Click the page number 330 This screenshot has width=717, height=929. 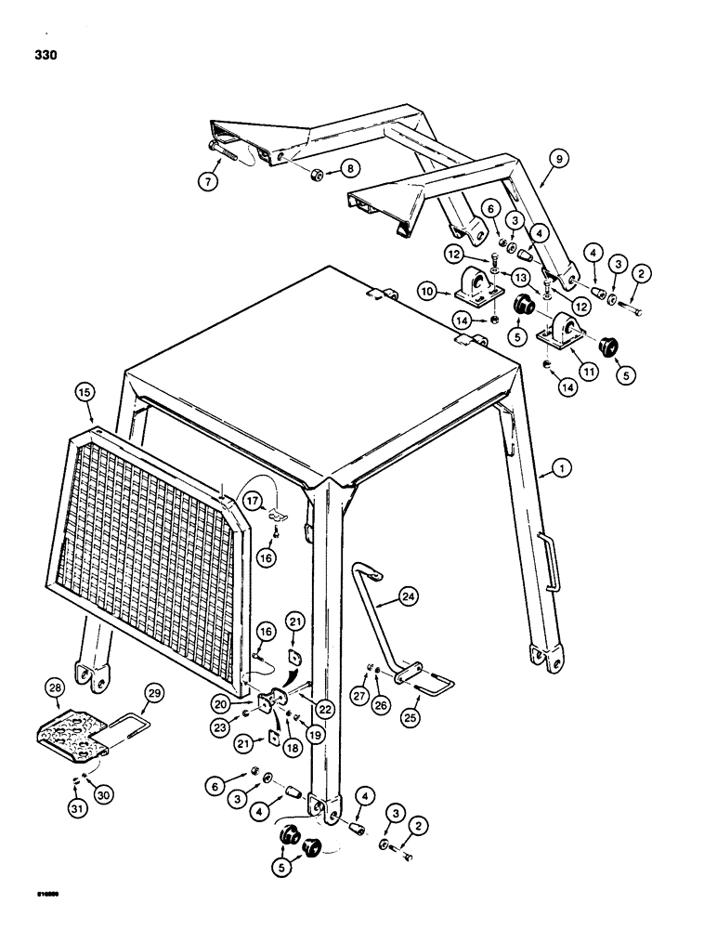tap(44, 56)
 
